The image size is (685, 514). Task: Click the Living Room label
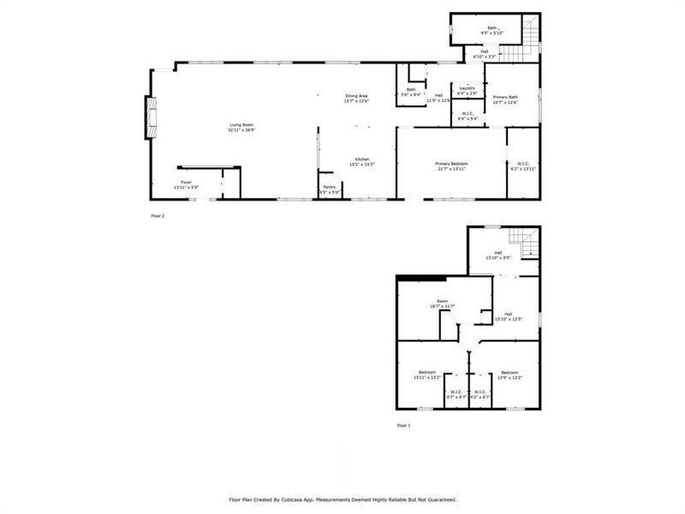[241, 126]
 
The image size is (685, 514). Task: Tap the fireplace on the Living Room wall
[152, 118]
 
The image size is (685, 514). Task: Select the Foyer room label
[186, 182]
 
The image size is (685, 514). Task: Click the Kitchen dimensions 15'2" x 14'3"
[363, 164]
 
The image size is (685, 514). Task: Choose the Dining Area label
[356, 96]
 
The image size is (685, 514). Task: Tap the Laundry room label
[467, 87]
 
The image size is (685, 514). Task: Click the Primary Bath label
[505, 98]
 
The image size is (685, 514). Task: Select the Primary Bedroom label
[450, 164]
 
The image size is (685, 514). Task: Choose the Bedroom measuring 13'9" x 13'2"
[509, 373]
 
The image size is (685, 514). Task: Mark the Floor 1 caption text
[403, 425]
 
